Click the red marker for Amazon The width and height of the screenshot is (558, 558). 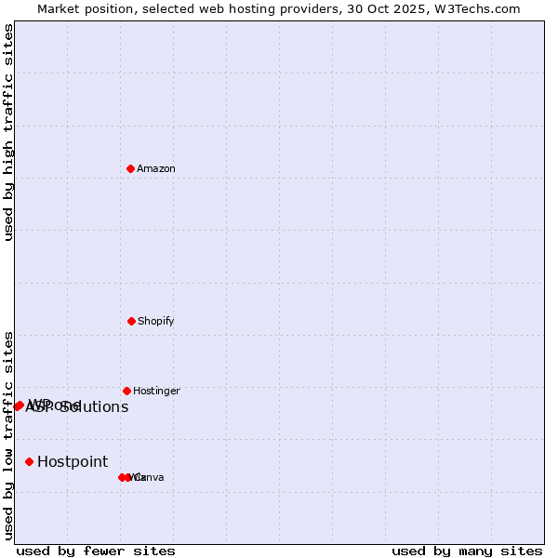click(131, 168)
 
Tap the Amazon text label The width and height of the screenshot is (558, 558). click(156, 169)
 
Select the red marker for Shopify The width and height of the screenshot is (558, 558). click(131, 321)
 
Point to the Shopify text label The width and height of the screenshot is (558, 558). click(156, 322)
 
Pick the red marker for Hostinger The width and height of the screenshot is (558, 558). click(126, 391)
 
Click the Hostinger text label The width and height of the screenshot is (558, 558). click(156, 392)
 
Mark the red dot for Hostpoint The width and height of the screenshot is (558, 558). click(29, 461)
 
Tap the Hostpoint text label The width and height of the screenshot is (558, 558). click(73, 462)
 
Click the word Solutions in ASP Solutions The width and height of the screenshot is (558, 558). click(94, 407)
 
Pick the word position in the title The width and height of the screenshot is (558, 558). click(110, 8)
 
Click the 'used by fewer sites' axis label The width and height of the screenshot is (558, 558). click(96, 551)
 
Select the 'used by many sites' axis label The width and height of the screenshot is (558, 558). click(467, 551)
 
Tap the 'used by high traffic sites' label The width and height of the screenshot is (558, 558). click(8, 132)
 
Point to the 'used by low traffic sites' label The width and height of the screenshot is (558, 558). click(8, 435)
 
